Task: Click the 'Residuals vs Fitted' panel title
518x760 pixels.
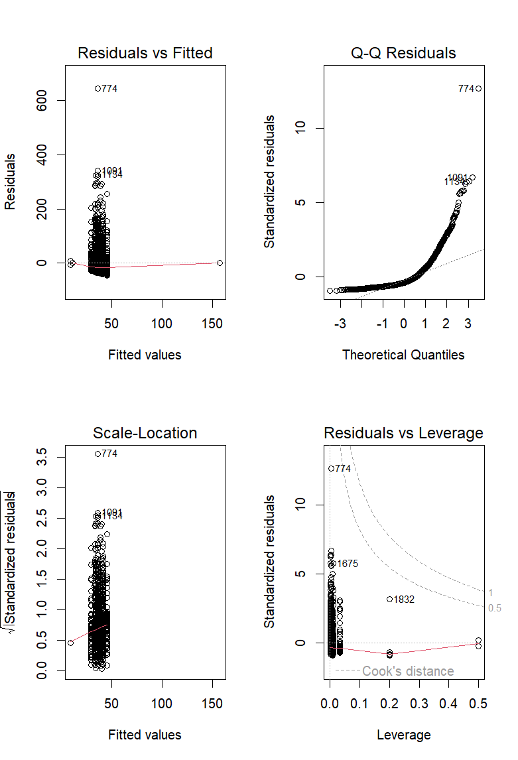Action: (x=145, y=53)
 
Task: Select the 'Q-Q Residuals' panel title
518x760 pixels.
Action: (x=403, y=53)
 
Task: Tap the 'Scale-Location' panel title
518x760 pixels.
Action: (x=145, y=433)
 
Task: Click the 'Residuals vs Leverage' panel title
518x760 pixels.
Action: (x=403, y=433)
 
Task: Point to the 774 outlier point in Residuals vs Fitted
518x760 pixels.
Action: (x=97, y=88)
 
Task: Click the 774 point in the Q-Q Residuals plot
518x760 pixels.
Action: (x=478, y=88)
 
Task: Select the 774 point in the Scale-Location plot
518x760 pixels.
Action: (x=97, y=454)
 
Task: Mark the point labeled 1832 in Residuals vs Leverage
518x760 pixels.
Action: (x=389, y=599)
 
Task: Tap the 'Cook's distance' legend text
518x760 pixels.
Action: (x=408, y=671)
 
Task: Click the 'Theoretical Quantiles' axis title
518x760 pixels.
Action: (x=403, y=355)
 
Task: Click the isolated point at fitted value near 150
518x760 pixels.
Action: (x=220, y=263)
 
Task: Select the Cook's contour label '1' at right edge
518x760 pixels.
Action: (x=491, y=592)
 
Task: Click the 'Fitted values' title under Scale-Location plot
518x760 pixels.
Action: (x=145, y=735)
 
